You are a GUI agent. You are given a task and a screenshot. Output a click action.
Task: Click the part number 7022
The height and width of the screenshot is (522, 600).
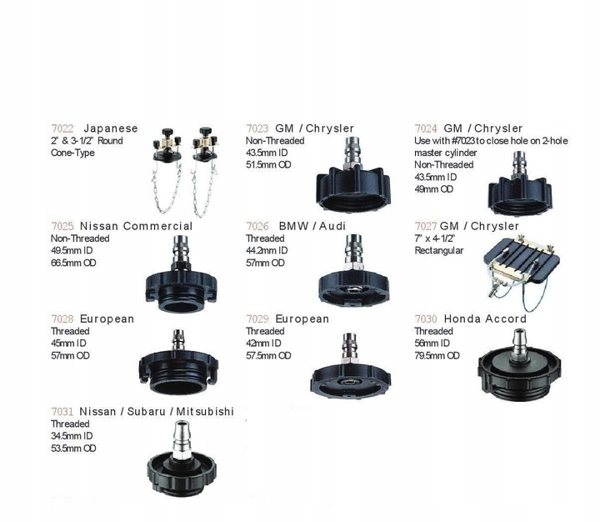tap(62, 128)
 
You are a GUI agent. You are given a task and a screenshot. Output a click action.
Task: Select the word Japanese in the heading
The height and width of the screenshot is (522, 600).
tap(111, 128)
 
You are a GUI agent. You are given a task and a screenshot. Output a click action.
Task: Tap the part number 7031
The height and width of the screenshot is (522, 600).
tap(62, 412)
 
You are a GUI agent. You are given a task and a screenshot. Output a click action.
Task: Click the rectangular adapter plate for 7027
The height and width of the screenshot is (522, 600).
tap(522, 259)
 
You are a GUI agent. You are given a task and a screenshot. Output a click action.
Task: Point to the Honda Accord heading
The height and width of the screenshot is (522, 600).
tap(485, 319)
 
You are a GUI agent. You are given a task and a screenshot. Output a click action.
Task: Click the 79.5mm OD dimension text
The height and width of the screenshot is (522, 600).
tap(437, 355)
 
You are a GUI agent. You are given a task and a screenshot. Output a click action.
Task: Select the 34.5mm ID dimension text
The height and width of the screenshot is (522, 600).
tap(72, 436)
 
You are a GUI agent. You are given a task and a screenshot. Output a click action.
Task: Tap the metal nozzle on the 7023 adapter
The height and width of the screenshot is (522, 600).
tap(352, 153)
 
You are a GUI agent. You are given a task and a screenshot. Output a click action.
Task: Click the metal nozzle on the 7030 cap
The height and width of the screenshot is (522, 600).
tap(519, 345)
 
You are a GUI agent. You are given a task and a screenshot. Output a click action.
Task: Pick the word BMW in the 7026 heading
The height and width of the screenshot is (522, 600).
tap(294, 226)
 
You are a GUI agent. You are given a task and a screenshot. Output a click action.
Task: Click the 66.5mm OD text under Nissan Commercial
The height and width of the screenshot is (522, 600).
tap(73, 263)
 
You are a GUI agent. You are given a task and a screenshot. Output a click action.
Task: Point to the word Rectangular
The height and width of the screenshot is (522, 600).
tap(439, 250)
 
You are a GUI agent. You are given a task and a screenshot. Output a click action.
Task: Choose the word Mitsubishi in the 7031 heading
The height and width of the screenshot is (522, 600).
tap(205, 412)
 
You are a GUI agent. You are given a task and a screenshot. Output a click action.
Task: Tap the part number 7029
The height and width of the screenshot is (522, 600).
tap(257, 319)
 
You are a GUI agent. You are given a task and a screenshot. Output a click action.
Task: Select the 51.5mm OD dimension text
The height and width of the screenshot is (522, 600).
tap(268, 164)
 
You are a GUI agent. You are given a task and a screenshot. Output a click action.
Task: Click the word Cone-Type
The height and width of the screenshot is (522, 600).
tap(72, 153)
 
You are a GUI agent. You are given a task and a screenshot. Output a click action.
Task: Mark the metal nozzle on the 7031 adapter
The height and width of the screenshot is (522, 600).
tap(182, 440)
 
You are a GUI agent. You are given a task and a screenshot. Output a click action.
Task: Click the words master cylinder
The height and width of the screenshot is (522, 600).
tap(446, 153)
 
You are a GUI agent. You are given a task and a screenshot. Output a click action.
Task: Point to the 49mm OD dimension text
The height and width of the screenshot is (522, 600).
tap(434, 189)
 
